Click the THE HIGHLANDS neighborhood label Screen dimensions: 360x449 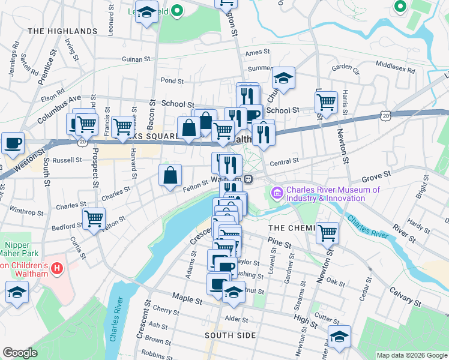click(x=62, y=31)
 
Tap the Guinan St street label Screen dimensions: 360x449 click(x=136, y=59)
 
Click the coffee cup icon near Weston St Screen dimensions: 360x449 click(x=13, y=144)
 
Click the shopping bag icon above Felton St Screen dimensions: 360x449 click(x=170, y=176)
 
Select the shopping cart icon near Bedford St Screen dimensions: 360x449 click(x=94, y=219)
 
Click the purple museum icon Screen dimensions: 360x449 click(x=277, y=193)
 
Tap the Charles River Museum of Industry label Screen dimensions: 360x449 click(x=333, y=194)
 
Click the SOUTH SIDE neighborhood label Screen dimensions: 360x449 click(x=230, y=335)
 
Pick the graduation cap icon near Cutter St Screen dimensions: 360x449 click(x=339, y=336)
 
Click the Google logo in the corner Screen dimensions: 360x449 click(x=20, y=353)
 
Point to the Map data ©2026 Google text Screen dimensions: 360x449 click(x=411, y=355)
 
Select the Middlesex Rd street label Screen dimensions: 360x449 click(x=395, y=65)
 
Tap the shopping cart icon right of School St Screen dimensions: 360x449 click(x=326, y=102)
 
